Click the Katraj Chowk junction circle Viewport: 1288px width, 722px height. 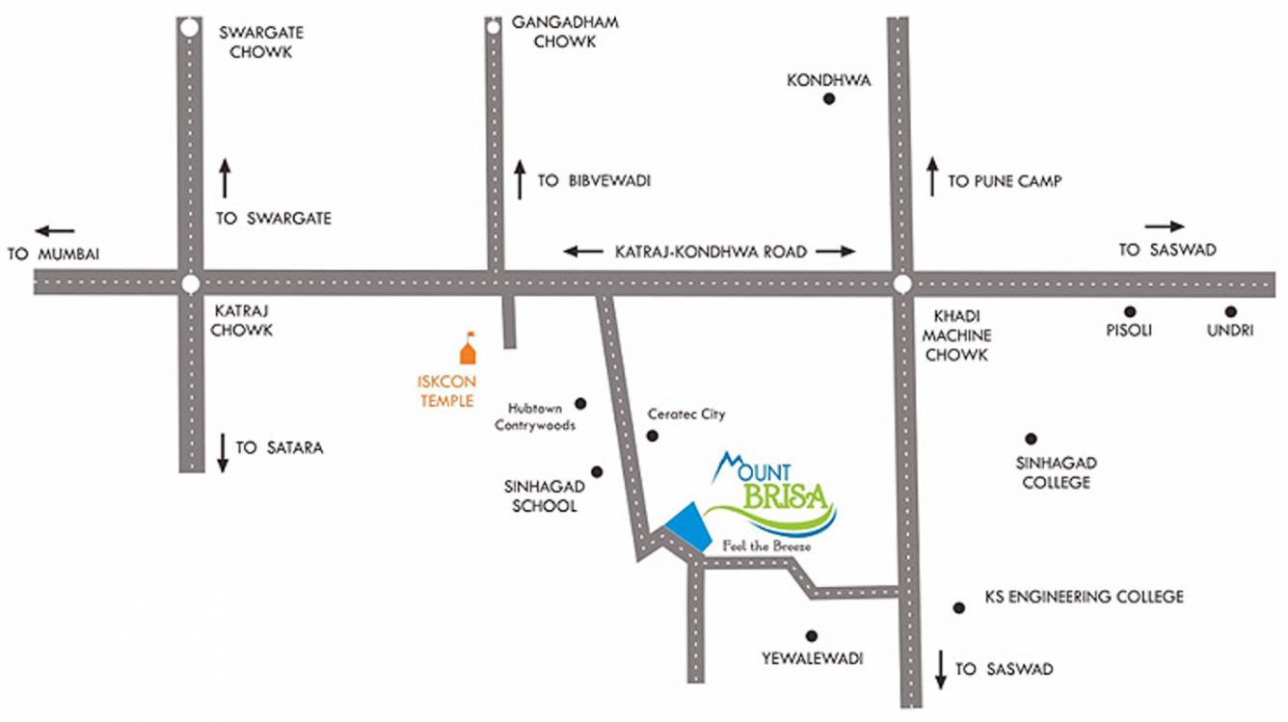pos(190,283)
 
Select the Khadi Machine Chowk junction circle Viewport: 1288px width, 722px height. pos(901,283)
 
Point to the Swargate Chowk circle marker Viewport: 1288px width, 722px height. pos(189,29)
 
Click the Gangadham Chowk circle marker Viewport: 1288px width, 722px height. pos(493,28)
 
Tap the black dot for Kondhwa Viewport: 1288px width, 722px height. pos(828,99)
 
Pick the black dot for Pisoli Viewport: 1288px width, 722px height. pos(1129,311)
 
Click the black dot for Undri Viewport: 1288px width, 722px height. pos(1230,311)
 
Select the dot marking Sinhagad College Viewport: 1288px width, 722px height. pos(1031,439)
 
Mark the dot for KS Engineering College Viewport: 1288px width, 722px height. pos(958,607)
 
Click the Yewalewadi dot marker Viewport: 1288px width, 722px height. pos(811,635)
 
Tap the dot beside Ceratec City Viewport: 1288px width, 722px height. pos(652,436)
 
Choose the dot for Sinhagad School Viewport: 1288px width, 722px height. pos(597,471)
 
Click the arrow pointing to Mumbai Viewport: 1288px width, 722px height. pos(55,230)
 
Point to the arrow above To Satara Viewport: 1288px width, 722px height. pos(223,452)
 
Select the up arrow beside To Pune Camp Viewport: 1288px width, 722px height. pos(932,176)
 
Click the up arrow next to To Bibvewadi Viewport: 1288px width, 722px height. pos(520,179)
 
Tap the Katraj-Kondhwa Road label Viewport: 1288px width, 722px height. pos(710,252)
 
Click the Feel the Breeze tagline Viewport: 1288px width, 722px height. pos(766,547)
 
